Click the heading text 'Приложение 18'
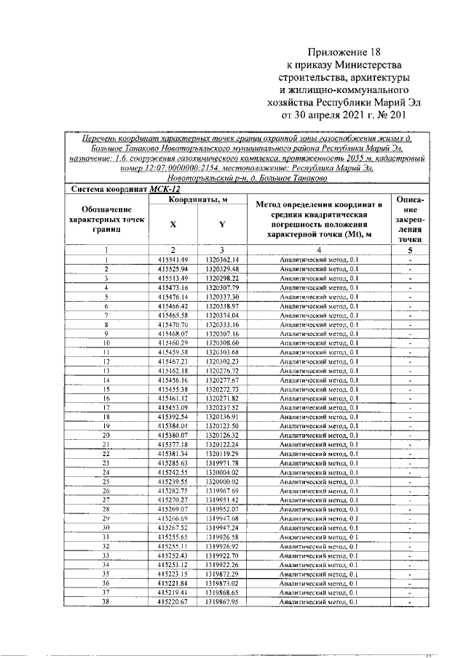point(344,52)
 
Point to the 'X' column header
point(173,225)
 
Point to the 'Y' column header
point(221,225)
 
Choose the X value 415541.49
point(173,260)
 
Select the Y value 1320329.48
point(221,269)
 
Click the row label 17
point(106,408)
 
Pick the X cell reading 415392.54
point(173,417)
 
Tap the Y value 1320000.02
point(221,482)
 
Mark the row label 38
point(106,602)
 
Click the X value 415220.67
point(173,602)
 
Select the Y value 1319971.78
point(221,463)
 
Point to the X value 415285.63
point(173,463)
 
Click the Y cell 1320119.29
point(221,454)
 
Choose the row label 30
point(106,528)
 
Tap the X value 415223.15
point(173,574)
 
